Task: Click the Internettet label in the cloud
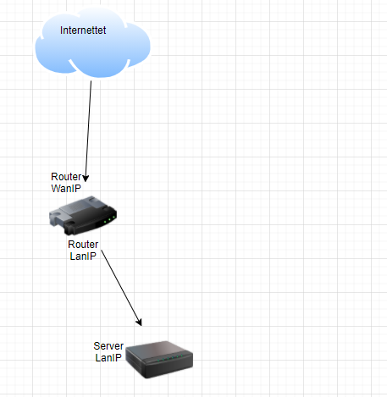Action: coord(83,30)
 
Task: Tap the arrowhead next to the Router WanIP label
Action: coord(86,179)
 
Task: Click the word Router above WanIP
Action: coord(66,177)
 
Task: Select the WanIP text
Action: coord(66,188)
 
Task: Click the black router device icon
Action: coord(83,216)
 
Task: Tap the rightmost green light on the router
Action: coord(113,217)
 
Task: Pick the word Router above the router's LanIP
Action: coord(83,245)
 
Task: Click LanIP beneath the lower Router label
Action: coord(83,256)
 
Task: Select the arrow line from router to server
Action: coord(121,288)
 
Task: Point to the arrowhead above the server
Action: coord(139,323)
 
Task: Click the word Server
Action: coord(108,346)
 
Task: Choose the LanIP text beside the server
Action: coord(108,358)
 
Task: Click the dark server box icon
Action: coord(159,360)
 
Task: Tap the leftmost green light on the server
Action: coord(158,361)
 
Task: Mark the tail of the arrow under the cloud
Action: coord(91,81)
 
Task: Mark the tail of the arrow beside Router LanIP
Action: coord(101,250)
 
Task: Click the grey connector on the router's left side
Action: coord(56,218)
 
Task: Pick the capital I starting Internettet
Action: coord(61,30)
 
